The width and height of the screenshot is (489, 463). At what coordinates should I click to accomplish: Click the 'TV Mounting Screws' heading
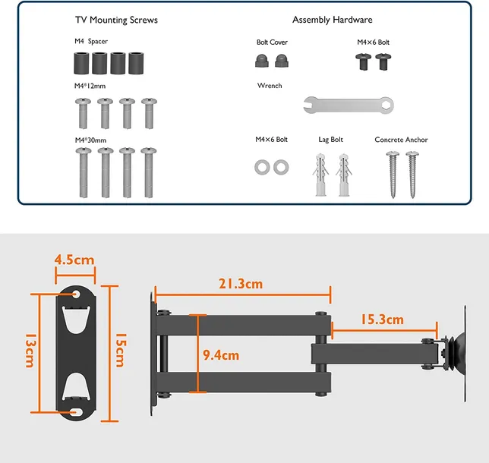116,20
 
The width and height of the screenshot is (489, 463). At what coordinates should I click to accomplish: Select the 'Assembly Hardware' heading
332,20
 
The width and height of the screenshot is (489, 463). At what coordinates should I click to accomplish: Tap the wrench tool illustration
349,105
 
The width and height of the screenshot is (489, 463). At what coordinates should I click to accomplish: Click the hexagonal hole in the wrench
386,105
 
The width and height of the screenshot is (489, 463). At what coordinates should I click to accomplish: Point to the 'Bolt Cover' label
272,42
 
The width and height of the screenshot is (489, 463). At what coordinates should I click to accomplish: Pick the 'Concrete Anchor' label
401,140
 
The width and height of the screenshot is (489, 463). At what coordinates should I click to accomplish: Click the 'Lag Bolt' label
330,140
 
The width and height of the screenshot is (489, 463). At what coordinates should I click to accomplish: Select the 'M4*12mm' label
90,86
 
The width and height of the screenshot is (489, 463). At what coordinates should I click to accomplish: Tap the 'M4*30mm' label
90,140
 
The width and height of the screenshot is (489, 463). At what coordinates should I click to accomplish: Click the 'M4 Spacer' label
91,41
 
